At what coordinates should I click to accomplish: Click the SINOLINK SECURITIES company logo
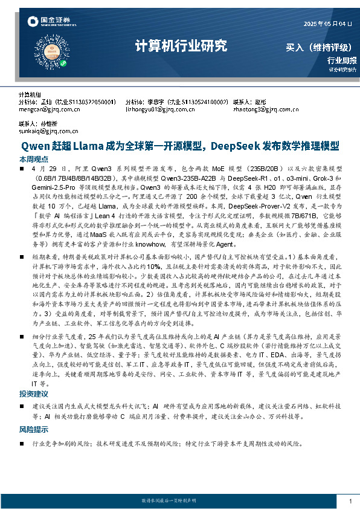pos(46,22)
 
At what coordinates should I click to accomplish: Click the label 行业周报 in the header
pos(342,60)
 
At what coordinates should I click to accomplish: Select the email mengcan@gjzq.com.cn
pos(50,110)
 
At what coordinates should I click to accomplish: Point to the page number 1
pos(350,501)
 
